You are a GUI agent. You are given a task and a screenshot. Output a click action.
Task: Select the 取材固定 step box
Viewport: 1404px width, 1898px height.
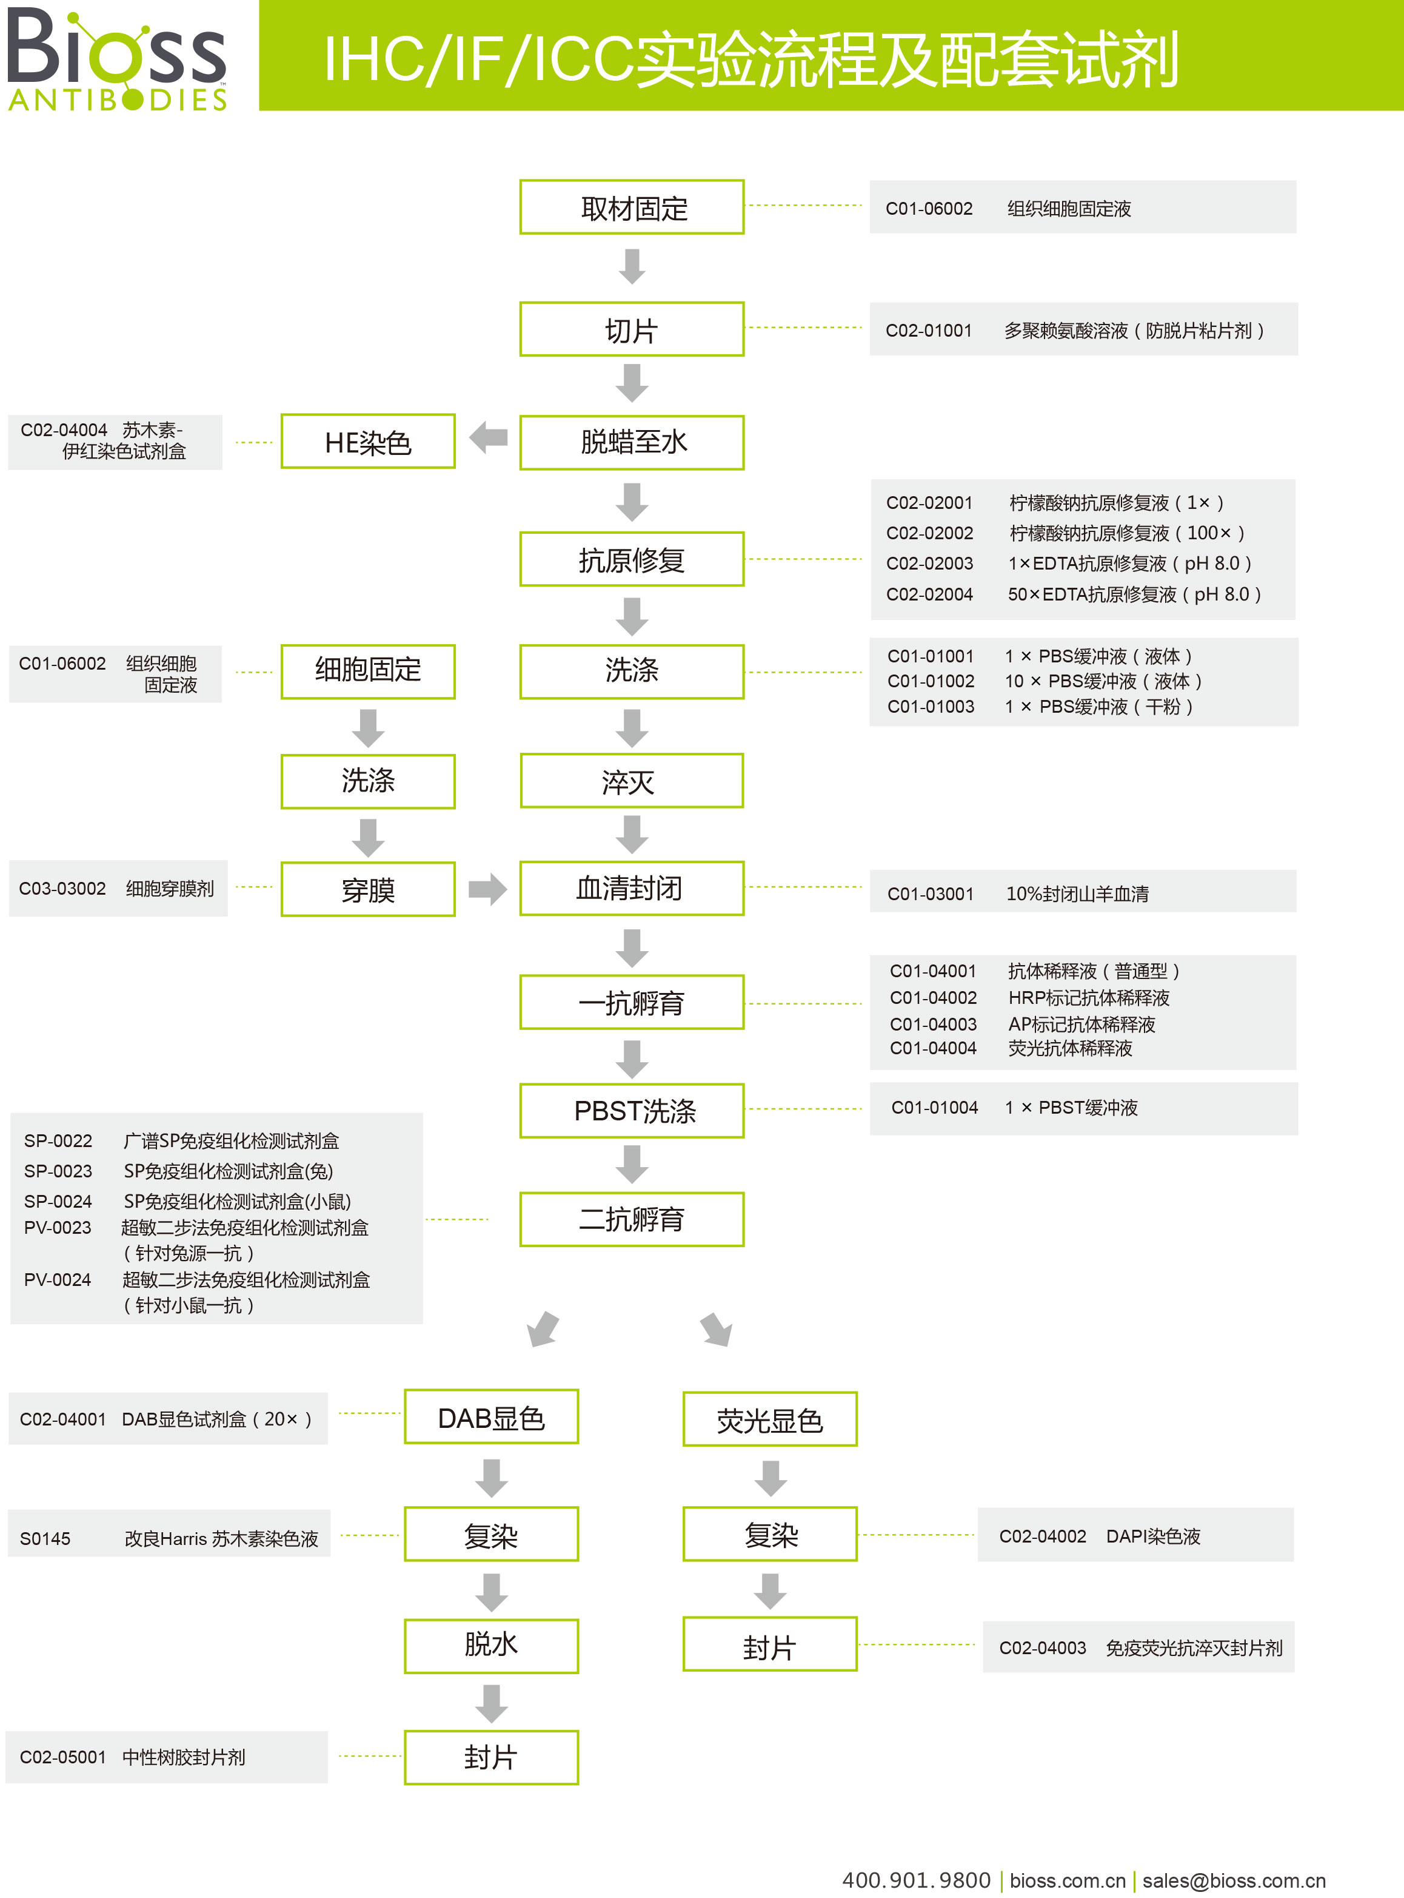click(x=632, y=207)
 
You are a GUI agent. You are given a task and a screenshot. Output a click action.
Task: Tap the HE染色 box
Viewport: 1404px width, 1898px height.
click(x=368, y=442)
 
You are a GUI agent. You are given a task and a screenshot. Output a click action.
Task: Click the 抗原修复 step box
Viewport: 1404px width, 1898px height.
click(x=632, y=559)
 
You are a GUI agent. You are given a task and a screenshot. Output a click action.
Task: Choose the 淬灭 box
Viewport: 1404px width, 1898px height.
click(x=632, y=781)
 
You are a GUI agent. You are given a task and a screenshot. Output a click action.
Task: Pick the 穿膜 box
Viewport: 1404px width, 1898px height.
click(x=368, y=889)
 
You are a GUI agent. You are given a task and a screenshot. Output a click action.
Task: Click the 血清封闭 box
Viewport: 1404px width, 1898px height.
click(x=632, y=888)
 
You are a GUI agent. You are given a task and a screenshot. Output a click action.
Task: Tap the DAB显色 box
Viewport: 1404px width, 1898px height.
click(x=491, y=1417)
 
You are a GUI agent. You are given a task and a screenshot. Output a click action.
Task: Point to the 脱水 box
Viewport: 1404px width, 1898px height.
click(x=491, y=1646)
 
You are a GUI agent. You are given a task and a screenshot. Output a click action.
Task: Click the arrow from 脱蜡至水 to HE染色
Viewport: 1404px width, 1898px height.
click(x=489, y=438)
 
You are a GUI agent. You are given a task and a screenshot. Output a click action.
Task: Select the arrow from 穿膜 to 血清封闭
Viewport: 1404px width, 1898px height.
click(x=488, y=889)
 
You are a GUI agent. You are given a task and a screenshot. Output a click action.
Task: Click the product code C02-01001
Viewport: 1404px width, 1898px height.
click(x=929, y=331)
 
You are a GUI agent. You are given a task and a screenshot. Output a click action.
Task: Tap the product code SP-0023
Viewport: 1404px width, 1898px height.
click(x=58, y=1171)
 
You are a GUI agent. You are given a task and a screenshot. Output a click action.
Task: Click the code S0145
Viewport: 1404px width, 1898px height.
click(x=45, y=1538)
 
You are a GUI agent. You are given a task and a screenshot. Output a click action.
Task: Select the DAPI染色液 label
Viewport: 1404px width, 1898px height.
click(x=1153, y=1536)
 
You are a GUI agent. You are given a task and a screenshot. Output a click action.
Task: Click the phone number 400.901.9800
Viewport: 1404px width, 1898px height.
click(x=916, y=1880)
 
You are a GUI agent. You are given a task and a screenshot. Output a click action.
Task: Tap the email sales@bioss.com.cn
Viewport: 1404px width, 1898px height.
click(x=1234, y=1880)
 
